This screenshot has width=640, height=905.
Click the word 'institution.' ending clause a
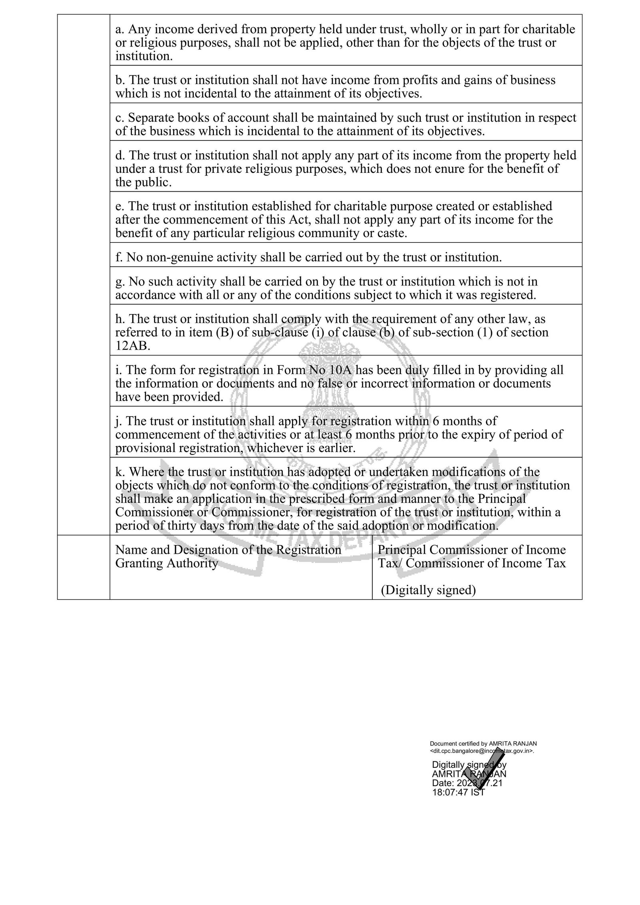(144, 56)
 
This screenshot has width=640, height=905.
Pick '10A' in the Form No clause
(341, 370)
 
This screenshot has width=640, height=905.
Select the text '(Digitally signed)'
(428, 590)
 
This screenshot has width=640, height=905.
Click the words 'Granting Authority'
(166, 563)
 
